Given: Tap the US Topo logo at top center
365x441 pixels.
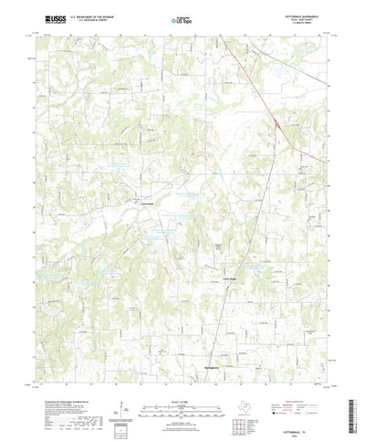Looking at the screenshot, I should (x=182, y=18).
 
